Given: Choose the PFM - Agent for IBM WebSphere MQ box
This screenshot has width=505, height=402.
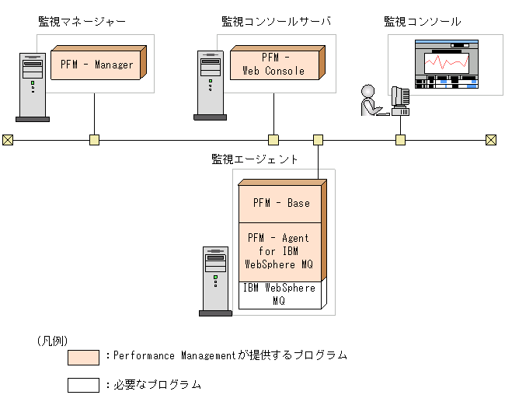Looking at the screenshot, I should point(280,251).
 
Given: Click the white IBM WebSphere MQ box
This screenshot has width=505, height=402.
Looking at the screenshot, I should point(280,294).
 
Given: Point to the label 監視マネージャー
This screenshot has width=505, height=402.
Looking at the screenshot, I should point(82,22).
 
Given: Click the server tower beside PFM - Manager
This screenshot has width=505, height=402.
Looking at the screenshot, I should point(33,87).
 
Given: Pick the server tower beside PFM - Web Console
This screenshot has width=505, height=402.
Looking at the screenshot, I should point(210,86).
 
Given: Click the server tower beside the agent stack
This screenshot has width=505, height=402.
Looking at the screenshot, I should point(215,280).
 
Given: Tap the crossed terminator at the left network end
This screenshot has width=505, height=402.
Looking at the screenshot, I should point(8,140).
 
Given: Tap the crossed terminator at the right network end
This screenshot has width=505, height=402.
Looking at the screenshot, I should point(491,140).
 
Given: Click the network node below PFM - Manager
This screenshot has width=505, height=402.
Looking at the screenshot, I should point(94,140).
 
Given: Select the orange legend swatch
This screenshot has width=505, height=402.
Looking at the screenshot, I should point(83,357).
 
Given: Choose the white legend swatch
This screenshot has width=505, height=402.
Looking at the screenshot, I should point(83,385).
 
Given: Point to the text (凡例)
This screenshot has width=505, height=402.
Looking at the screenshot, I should point(52,341).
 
